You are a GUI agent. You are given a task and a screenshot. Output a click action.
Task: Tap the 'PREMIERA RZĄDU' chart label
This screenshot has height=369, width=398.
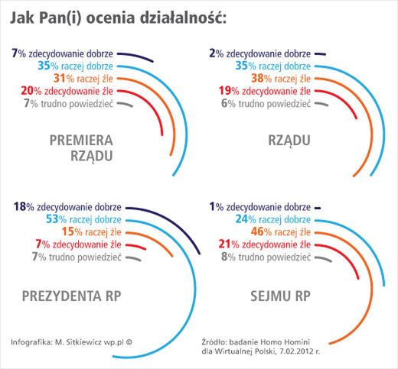pos(81,148)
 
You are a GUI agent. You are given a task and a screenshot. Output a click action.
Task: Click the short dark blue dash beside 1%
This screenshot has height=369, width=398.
pos(317,206)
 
